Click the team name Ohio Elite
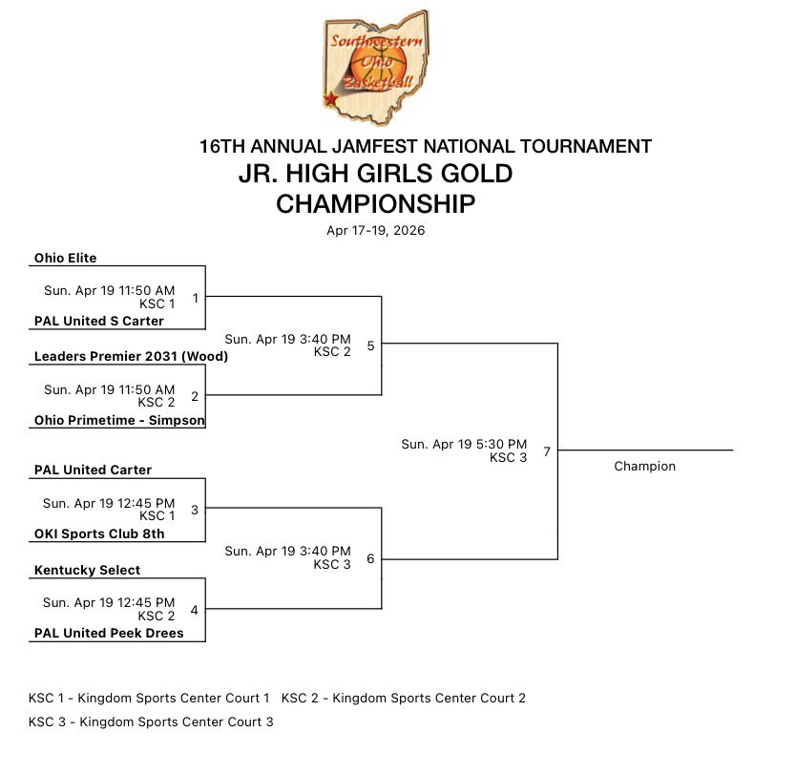[x=65, y=258]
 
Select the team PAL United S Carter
[x=99, y=321]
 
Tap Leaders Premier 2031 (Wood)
[x=131, y=357]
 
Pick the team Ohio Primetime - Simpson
[x=119, y=420]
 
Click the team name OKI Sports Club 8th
[x=99, y=533]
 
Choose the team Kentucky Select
[x=87, y=570]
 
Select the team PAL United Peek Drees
[x=109, y=633]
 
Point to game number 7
[x=546, y=451]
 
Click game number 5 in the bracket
[x=370, y=345]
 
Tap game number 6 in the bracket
[x=370, y=558]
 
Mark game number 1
[x=195, y=298]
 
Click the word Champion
[x=644, y=467]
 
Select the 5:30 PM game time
[x=464, y=444]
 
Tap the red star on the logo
[x=330, y=98]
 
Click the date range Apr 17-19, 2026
[x=375, y=230]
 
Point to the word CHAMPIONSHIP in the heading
[x=375, y=203]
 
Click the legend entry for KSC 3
[x=151, y=722]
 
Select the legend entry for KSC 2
[x=404, y=698]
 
